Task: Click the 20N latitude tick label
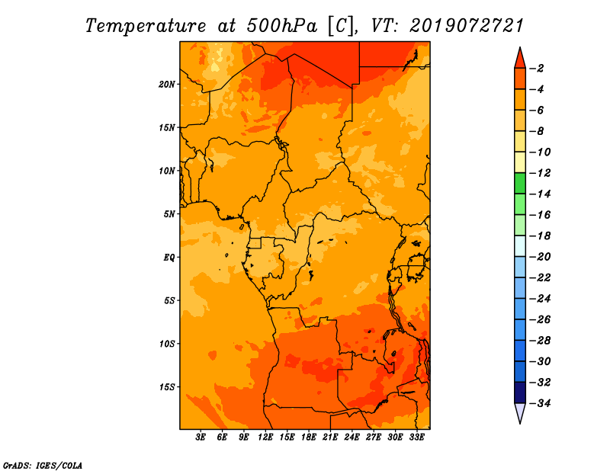pyautogui.click(x=167, y=85)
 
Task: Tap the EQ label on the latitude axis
pyautogui.click(x=169, y=258)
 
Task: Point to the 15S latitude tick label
pyautogui.click(x=167, y=387)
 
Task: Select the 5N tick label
pyautogui.click(x=169, y=214)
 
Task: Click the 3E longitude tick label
pyautogui.click(x=201, y=437)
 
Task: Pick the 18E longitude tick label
pyautogui.click(x=309, y=437)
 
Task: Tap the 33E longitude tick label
pyautogui.click(x=416, y=437)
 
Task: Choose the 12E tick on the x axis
pyautogui.click(x=265, y=437)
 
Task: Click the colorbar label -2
pyautogui.click(x=537, y=69)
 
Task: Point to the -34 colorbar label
pyautogui.click(x=540, y=403)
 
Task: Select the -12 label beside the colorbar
pyautogui.click(x=540, y=173)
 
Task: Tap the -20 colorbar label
pyautogui.click(x=540, y=257)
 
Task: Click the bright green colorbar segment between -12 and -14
pyautogui.click(x=520, y=184)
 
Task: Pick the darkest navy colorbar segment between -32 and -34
pyautogui.click(x=520, y=392)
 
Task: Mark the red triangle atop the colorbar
pyautogui.click(x=520, y=59)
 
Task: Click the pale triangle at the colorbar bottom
pyautogui.click(x=520, y=413)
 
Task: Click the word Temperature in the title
pyautogui.click(x=146, y=26)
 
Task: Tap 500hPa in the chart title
pyautogui.click(x=282, y=26)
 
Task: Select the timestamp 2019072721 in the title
pyautogui.click(x=467, y=26)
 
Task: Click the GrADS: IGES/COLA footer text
pyautogui.click(x=43, y=465)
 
